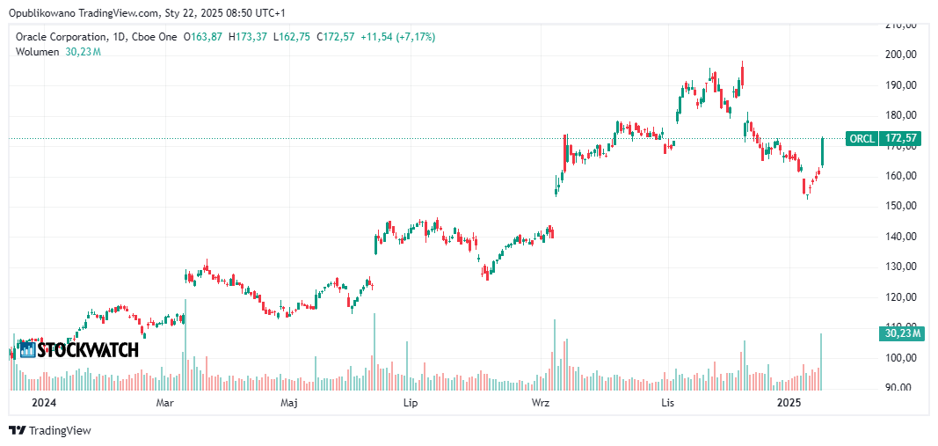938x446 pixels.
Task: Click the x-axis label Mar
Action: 164,403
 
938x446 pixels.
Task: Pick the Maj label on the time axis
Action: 288,403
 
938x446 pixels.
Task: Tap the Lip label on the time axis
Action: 409,403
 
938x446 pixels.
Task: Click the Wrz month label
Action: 541,403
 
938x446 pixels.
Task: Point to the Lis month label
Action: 668,403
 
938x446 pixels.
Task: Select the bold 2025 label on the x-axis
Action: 789,403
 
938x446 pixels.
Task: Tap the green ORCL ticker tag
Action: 861,138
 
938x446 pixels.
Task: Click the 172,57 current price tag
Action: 902,138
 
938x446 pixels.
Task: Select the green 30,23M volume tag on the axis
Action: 902,333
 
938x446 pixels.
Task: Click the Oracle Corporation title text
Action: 65,37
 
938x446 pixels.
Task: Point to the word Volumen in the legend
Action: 37,52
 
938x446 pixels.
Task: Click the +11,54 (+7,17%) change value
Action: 397,37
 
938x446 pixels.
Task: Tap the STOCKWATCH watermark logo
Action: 79,349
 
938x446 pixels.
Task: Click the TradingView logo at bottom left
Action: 50,430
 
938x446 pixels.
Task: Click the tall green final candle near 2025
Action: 822,151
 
